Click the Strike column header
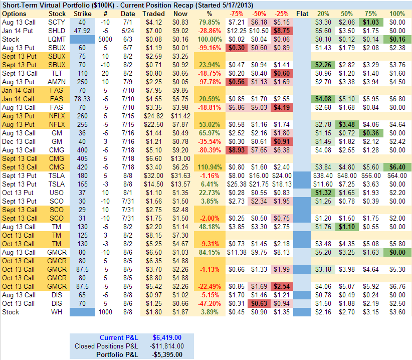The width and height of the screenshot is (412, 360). click(x=82, y=14)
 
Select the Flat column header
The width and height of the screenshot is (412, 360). click(x=303, y=14)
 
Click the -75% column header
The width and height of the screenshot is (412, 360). click(x=237, y=14)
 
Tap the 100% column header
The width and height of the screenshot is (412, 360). click(x=397, y=14)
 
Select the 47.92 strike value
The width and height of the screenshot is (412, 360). click(x=82, y=31)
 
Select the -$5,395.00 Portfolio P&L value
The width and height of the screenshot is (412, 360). click(x=167, y=354)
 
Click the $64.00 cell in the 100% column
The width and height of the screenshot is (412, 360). click(x=397, y=175)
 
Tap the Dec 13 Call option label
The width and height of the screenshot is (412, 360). click(x=19, y=141)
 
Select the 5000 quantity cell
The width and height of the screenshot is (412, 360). click(x=105, y=39)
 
